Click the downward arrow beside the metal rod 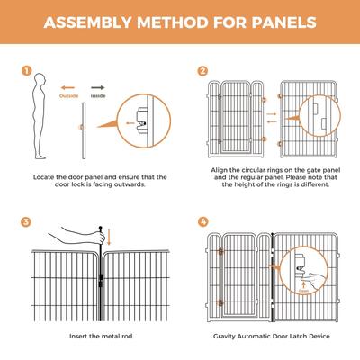(110, 238)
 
